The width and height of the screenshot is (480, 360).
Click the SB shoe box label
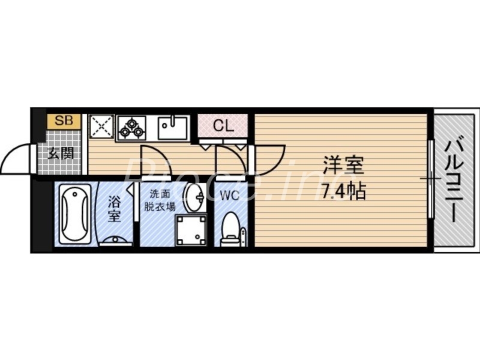pos(64,120)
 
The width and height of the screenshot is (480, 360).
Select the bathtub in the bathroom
pos(75,213)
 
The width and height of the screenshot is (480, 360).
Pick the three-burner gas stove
pos(131,127)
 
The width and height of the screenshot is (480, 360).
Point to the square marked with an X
pos(100,127)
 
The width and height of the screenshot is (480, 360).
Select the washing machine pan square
pos(190,230)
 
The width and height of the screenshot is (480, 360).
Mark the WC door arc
pos(230,160)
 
